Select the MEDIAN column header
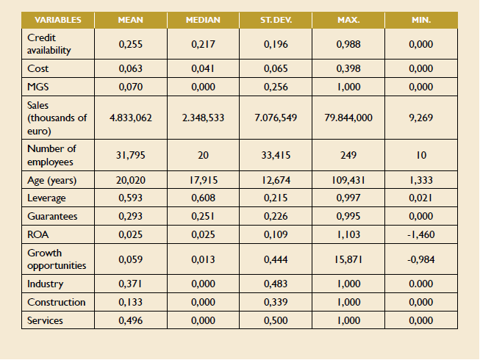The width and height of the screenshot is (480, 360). click(x=204, y=20)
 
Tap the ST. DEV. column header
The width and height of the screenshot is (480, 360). click(x=276, y=20)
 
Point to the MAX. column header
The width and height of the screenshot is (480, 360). click(x=348, y=20)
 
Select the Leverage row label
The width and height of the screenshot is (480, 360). click(x=46, y=198)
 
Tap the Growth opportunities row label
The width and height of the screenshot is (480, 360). click(x=56, y=259)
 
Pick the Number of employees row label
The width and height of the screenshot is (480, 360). click(x=51, y=155)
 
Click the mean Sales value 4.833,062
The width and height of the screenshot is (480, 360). click(x=130, y=118)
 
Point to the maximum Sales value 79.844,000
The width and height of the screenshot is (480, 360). click(x=348, y=118)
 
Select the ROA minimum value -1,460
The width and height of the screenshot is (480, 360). click(x=421, y=235)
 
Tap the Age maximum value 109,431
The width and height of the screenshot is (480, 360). click(x=348, y=180)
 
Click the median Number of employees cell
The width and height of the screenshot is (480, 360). click(x=204, y=155)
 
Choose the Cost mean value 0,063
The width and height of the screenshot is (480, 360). click(x=130, y=69)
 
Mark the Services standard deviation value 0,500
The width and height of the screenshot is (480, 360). click(x=276, y=321)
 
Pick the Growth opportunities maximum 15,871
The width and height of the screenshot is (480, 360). click(x=348, y=259)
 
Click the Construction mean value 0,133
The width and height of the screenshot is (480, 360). click(x=130, y=303)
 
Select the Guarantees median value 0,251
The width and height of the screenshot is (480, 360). click(x=204, y=217)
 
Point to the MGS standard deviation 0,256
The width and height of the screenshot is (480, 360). click(x=276, y=87)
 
